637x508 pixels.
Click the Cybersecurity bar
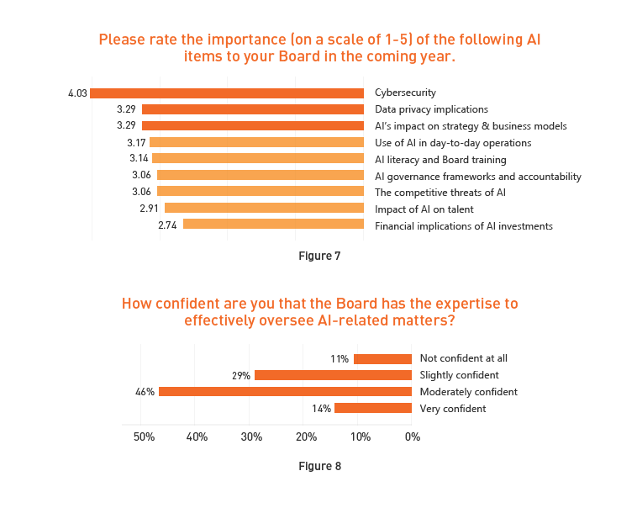[x=227, y=93]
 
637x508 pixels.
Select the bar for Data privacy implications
[x=253, y=109]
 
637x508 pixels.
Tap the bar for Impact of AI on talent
[x=264, y=208]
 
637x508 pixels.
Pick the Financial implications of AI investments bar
[x=273, y=225]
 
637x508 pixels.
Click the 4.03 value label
[x=78, y=93]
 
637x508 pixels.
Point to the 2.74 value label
[x=169, y=225]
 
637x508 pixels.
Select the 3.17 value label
[x=136, y=142]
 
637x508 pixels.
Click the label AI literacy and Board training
[x=440, y=159]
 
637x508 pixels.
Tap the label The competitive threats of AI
[x=440, y=192]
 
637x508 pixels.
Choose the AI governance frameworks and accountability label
[x=477, y=176]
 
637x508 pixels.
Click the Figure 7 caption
[x=319, y=256]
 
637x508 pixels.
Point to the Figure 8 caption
[x=319, y=466]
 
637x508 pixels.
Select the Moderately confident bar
[x=285, y=392]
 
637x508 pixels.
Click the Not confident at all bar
[x=382, y=359]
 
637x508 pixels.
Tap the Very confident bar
[x=373, y=409]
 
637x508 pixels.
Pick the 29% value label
[x=241, y=376]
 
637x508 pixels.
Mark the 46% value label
[x=145, y=392]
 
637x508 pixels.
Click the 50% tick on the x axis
[x=144, y=437]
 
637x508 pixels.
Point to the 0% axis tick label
[x=412, y=437]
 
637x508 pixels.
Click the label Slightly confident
[x=459, y=375]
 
